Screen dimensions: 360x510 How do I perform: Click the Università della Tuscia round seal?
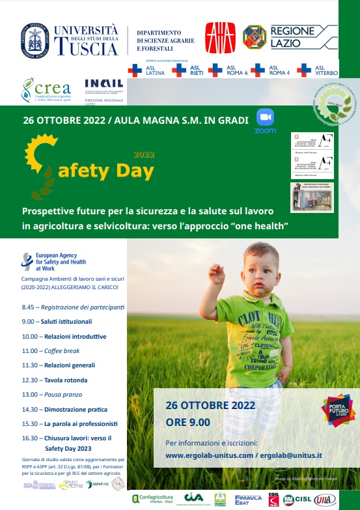[x=33, y=38]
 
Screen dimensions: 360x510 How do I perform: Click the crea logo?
[x=42, y=90]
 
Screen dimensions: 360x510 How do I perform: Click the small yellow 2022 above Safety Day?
[x=144, y=155]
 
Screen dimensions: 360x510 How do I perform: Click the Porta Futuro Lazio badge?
[x=337, y=410]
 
